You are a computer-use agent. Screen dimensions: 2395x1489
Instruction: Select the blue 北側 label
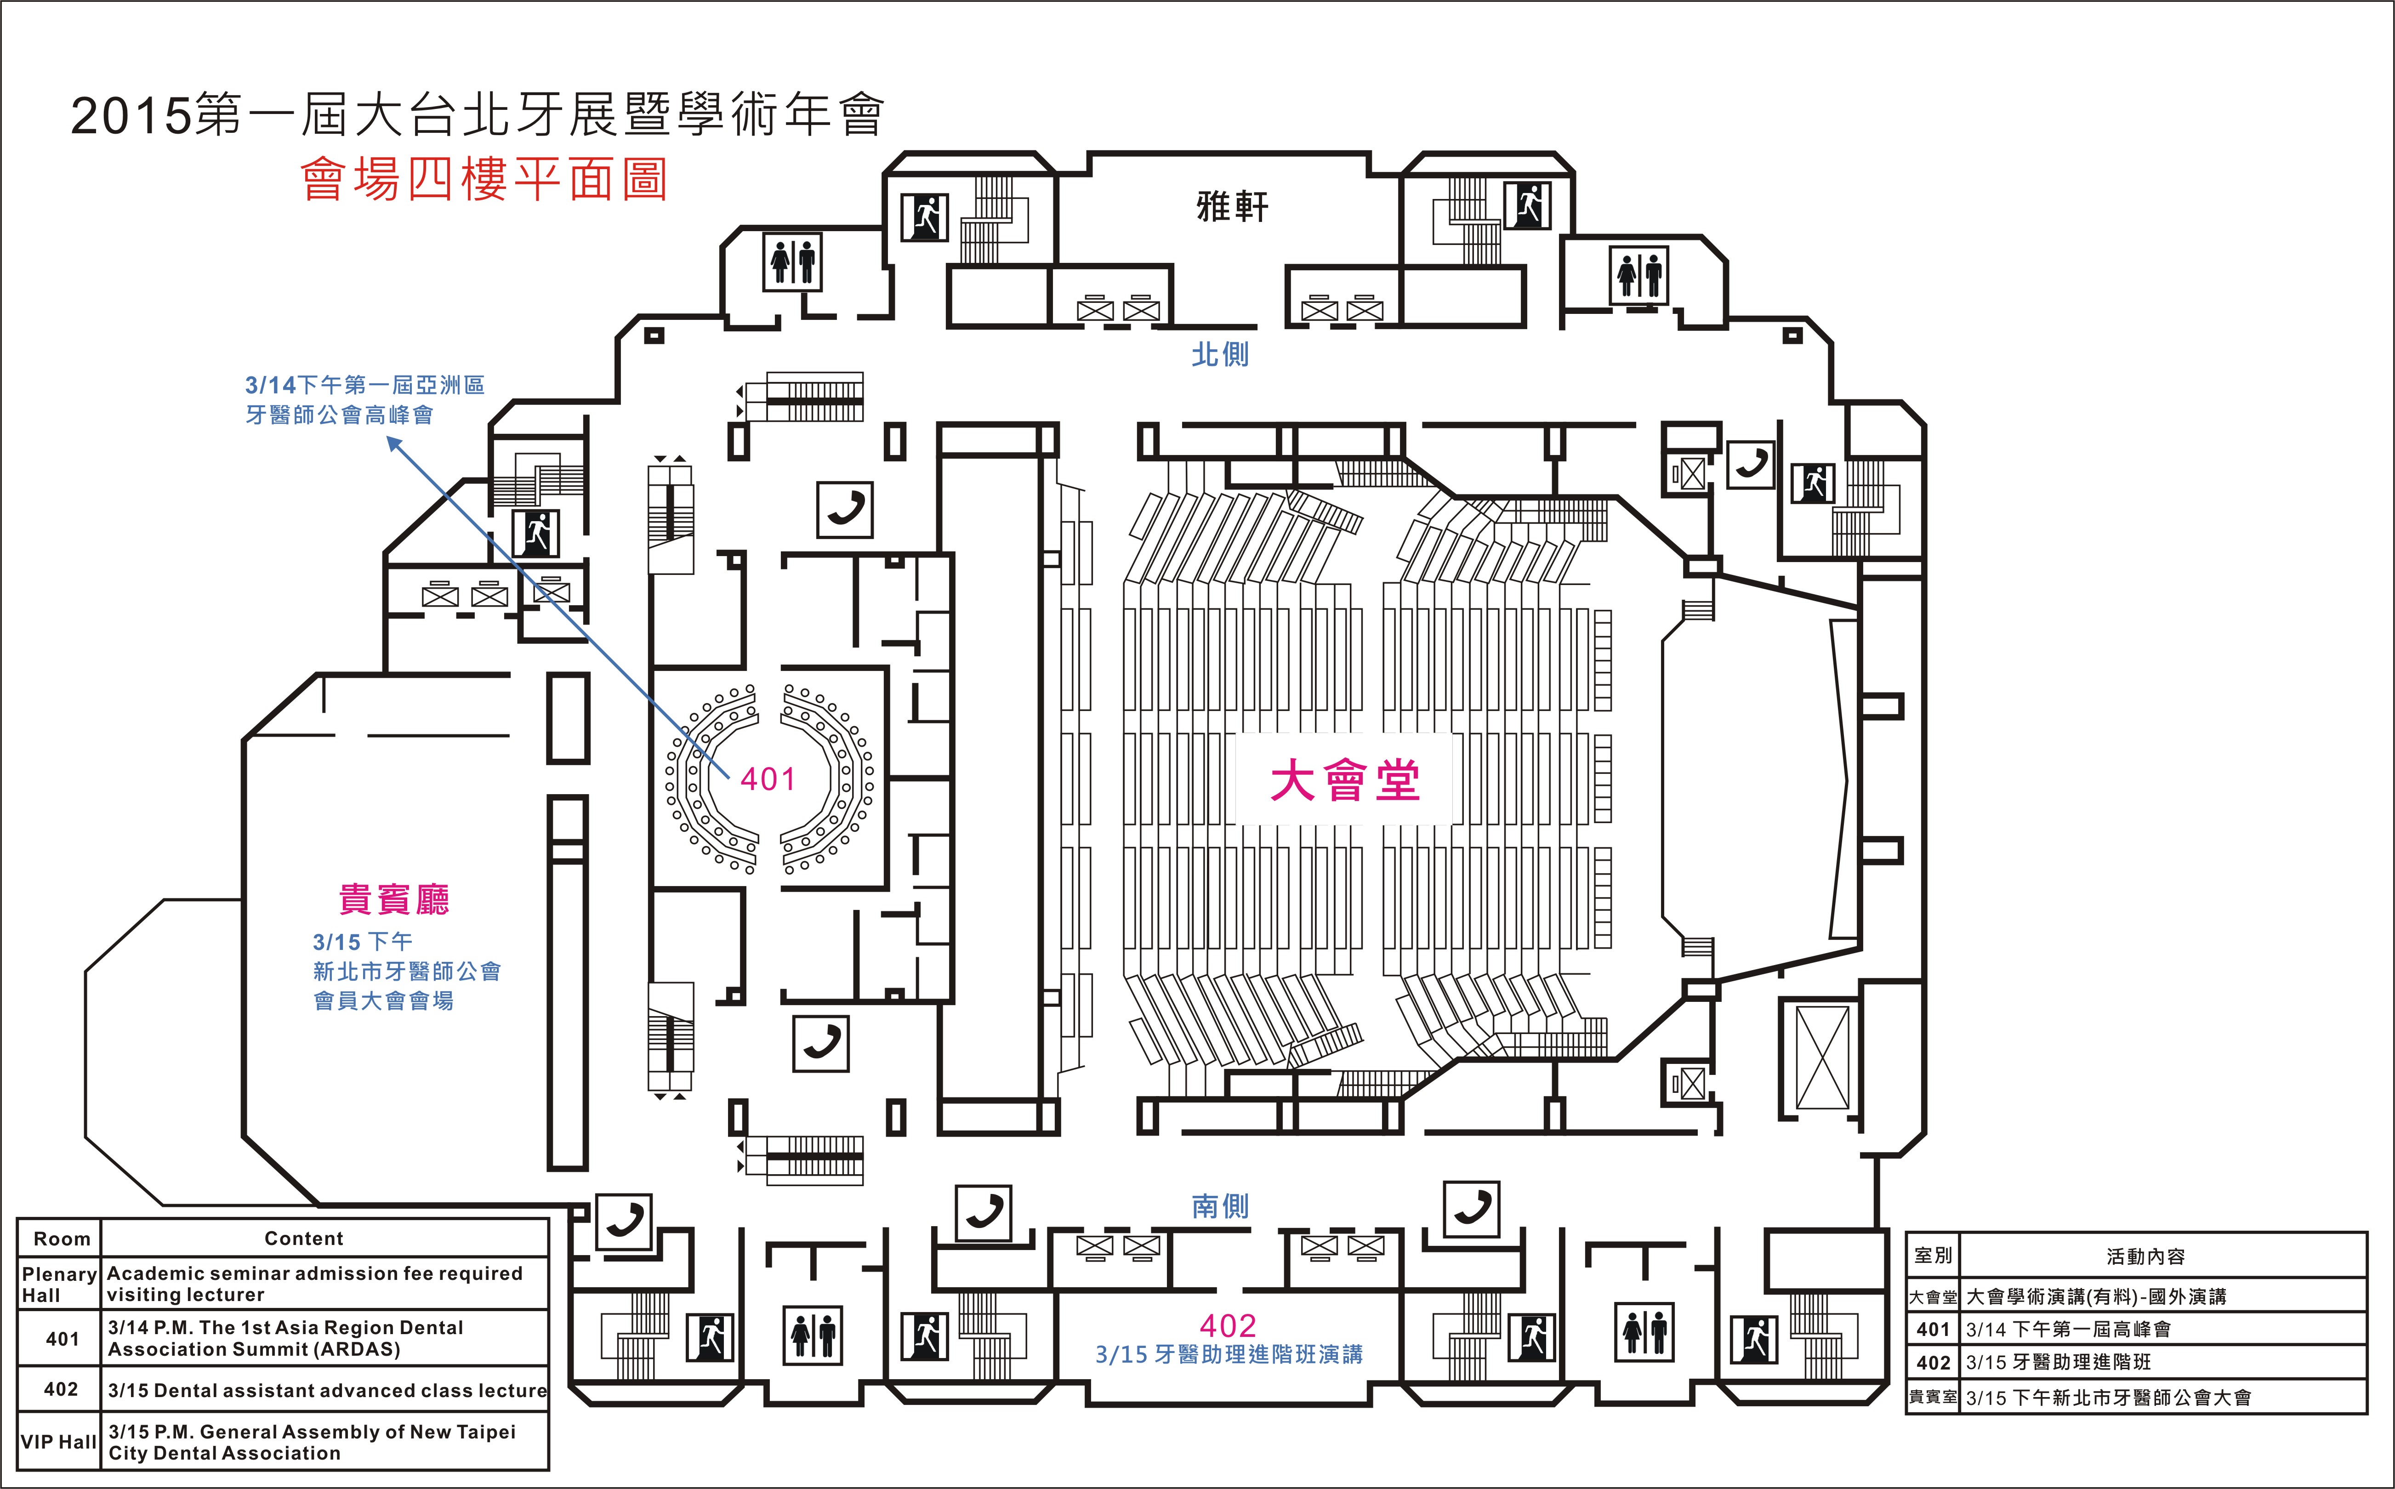[1220, 354]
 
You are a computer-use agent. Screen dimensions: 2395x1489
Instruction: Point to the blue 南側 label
[1220, 1206]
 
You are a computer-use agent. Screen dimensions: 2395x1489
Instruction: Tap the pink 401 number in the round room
[767, 779]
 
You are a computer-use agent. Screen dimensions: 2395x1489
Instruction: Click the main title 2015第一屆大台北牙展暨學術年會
[478, 115]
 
